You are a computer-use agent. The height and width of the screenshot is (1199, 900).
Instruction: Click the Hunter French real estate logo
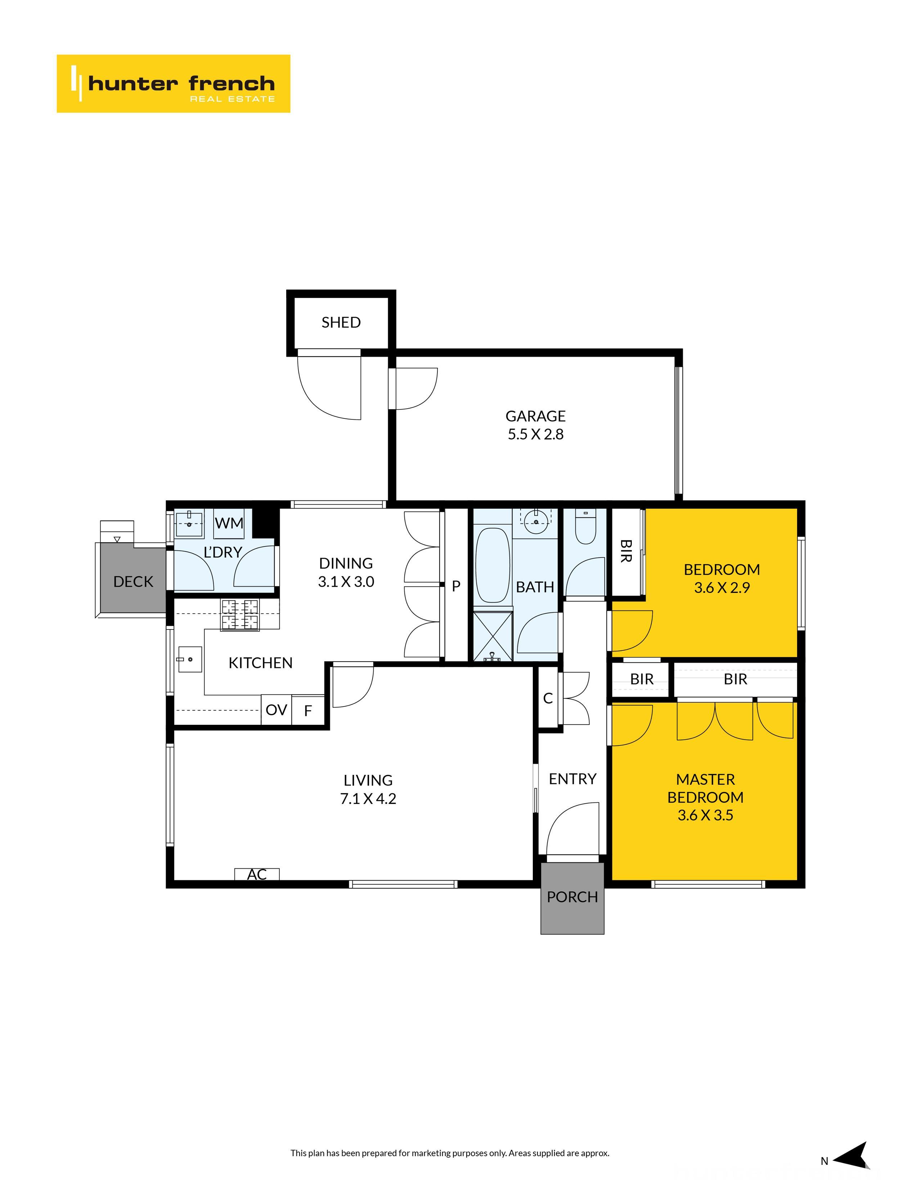[x=173, y=83]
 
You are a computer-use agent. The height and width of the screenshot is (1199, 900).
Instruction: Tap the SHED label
[x=341, y=323]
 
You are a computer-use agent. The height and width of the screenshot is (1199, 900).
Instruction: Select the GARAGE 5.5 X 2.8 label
[x=535, y=425]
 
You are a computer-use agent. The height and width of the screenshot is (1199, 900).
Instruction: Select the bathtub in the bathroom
[x=492, y=566]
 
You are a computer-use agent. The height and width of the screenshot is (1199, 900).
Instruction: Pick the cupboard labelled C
[x=548, y=698]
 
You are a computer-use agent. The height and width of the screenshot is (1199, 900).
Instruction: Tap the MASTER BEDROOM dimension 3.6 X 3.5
[x=705, y=815]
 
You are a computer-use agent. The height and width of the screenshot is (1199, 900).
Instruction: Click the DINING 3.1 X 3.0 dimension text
[x=346, y=582]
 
